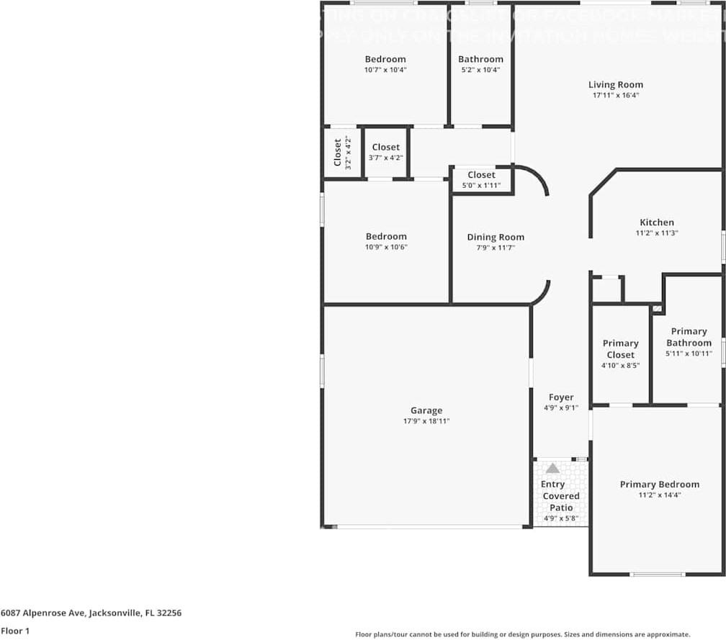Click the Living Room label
pyautogui.click(x=615, y=84)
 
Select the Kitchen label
pyautogui.click(x=657, y=222)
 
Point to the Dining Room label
pyautogui.click(x=496, y=237)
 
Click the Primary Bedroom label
pyautogui.click(x=659, y=484)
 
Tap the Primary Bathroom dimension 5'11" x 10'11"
pyautogui.click(x=689, y=353)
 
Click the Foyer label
pyautogui.click(x=561, y=397)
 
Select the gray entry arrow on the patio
pyautogui.click(x=552, y=468)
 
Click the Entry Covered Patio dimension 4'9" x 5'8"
pyautogui.click(x=560, y=518)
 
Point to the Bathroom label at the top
pyautogui.click(x=480, y=59)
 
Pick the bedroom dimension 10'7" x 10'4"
pyautogui.click(x=385, y=70)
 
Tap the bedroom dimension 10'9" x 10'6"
pyautogui.click(x=386, y=247)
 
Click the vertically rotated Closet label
pyautogui.click(x=337, y=153)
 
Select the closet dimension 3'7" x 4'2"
pyautogui.click(x=386, y=158)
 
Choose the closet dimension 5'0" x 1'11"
pyautogui.click(x=481, y=186)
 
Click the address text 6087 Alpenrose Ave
pyautogui.click(x=43, y=613)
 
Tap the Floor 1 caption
pyautogui.click(x=15, y=631)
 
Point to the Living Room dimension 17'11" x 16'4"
pyautogui.click(x=615, y=95)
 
